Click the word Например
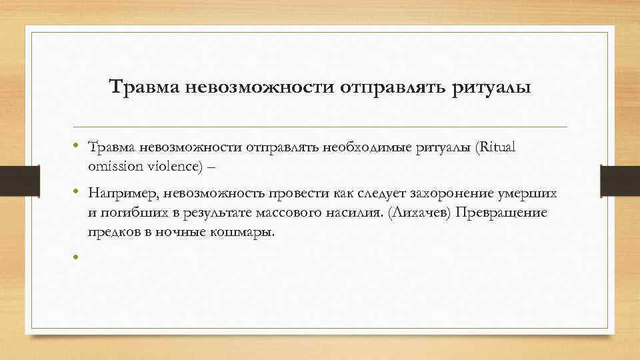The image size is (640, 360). tap(119, 193)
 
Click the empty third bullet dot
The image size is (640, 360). tap(77, 257)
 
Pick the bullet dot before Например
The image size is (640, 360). tap(77, 193)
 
